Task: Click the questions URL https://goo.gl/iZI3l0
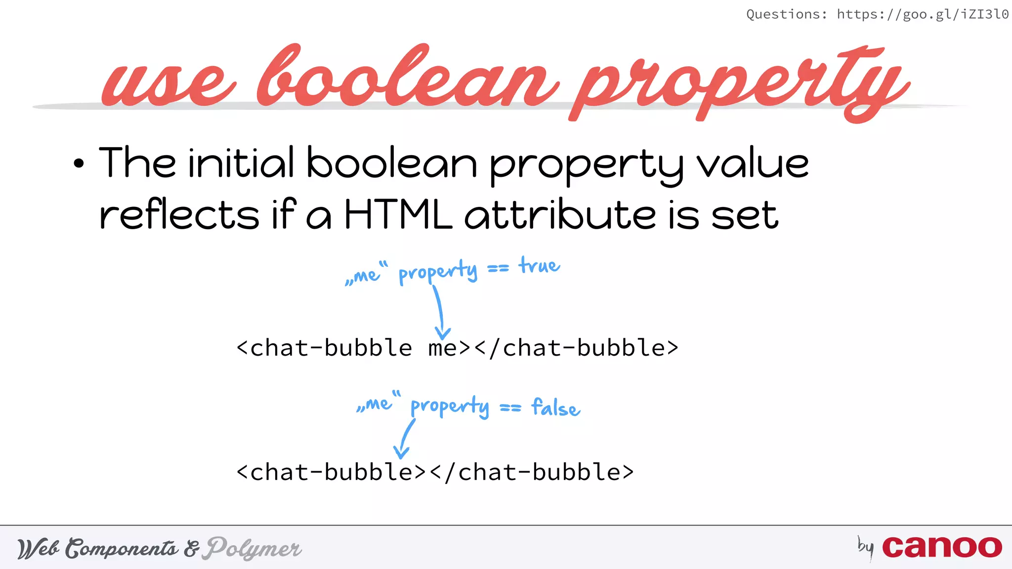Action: (x=922, y=14)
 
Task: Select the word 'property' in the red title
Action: (x=741, y=84)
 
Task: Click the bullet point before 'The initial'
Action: (x=79, y=164)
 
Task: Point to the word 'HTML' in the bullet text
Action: (x=398, y=215)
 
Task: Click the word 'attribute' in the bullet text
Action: (x=560, y=215)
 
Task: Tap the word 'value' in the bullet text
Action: (x=753, y=164)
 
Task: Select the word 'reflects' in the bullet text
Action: (x=179, y=215)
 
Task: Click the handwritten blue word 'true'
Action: (x=539, y=266)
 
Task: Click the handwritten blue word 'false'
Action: (x=556, y=408)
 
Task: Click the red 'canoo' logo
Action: (x=942, y=547)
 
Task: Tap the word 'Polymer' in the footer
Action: (x=254, y=548)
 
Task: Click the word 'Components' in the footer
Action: (x=122, y=548)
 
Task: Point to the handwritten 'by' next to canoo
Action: (x=865, y=547)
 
